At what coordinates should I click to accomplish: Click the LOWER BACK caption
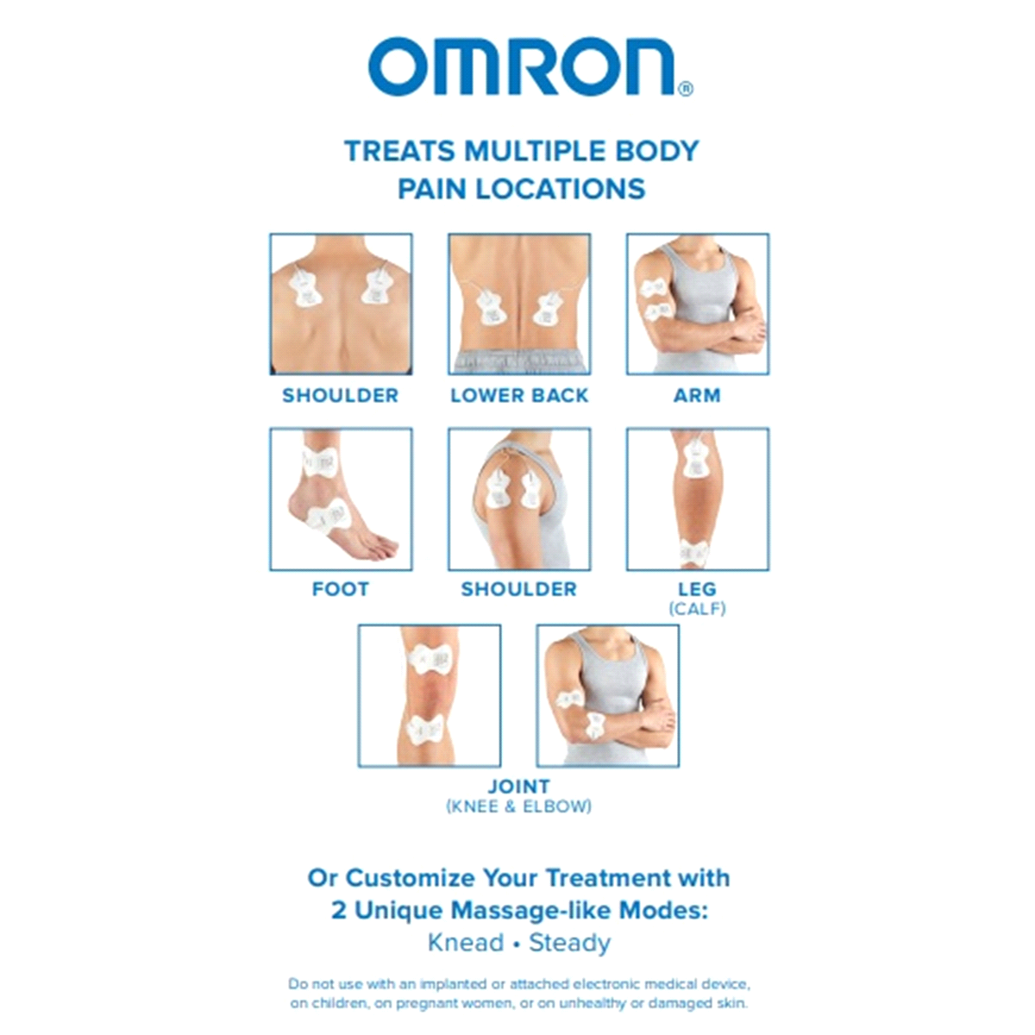pyautogui.click(x=519, y=396)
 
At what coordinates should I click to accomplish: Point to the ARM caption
pyautogui.click(x=697, y=396)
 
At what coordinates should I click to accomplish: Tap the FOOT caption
pyautogui.click(x=341, y=589)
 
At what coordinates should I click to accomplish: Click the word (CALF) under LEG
pyautogui.click(x=697, y=609)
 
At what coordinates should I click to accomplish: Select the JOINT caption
pyautogui.click(x=519, y=787)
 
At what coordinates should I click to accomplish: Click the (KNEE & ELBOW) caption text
pyautogui.click(x=519, y=806)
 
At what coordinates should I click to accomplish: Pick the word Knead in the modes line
pyautogui.click(x=466, y=944)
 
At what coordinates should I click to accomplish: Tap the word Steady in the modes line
pyautogui.click(x=570, y=944)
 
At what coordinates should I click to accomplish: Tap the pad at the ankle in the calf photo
pyautogui.click(x=693, y=552)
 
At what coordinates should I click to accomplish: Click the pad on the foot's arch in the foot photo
pyautogui.click(x=327, y=517)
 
